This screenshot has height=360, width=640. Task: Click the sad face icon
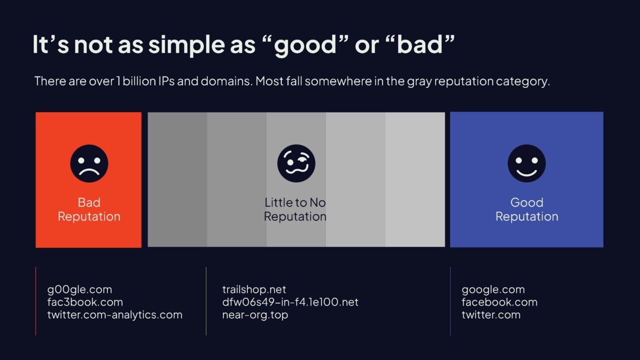(x=89, y=163)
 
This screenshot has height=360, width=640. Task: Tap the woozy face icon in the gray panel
(x=296, y=163)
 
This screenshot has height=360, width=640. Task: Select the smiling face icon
(x=526, y=163)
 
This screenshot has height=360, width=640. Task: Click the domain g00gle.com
(x=79, y=290)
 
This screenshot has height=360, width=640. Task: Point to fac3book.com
(x=85, y=302)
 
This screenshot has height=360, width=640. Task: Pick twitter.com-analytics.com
(x=115, y=315)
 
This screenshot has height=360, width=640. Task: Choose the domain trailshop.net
(x=254, y=289)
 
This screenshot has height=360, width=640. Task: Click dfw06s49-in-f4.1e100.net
(x=290, y=302)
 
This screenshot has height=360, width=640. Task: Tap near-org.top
(x=255, y=315)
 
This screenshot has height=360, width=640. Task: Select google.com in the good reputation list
(x=493, y=290)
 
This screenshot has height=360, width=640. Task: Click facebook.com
(x=499, y=302)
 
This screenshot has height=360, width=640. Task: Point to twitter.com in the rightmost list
(x=491, y=315)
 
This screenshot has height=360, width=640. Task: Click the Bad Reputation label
(x=89, y=209)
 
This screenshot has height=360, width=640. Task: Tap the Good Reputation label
(x=526, y=209)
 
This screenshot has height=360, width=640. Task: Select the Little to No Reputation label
(x=295, y=209)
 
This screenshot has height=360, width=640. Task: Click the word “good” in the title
(x=304, y=45)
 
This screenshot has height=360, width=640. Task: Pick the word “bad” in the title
(x=419, y=44)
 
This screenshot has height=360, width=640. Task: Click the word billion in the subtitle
(x=139, y=81)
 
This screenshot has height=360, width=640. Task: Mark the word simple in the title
(x=186, y=45)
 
